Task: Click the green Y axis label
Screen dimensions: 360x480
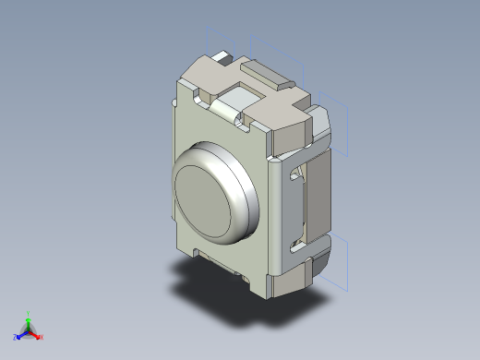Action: [29, 313]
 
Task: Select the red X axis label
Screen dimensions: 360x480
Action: [42, 337]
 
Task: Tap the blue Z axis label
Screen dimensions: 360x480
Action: [16, 337]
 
